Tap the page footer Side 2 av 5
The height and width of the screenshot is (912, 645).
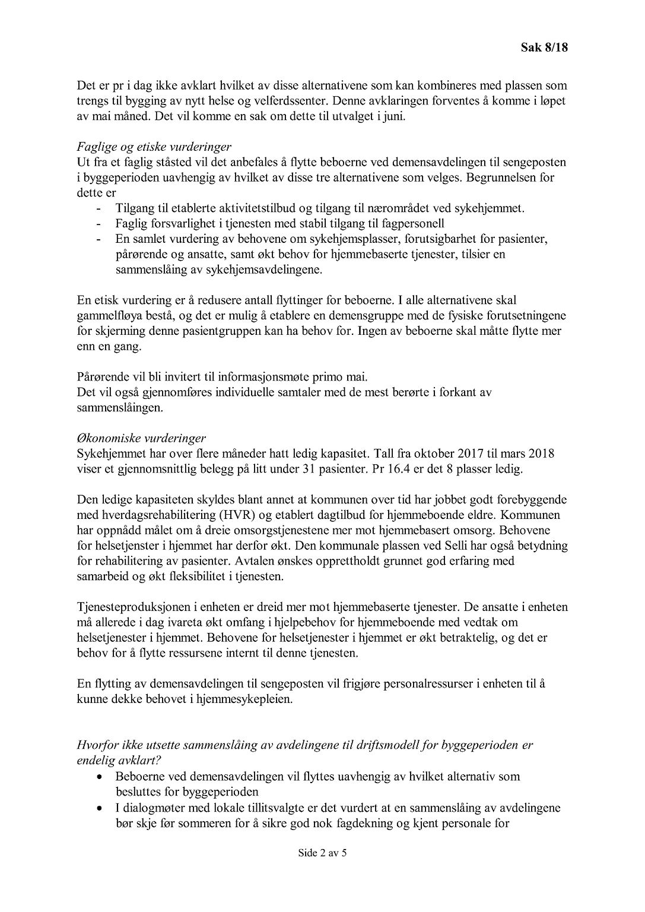(x=322, y=854)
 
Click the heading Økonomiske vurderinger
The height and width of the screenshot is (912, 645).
(x=141, y=439)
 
